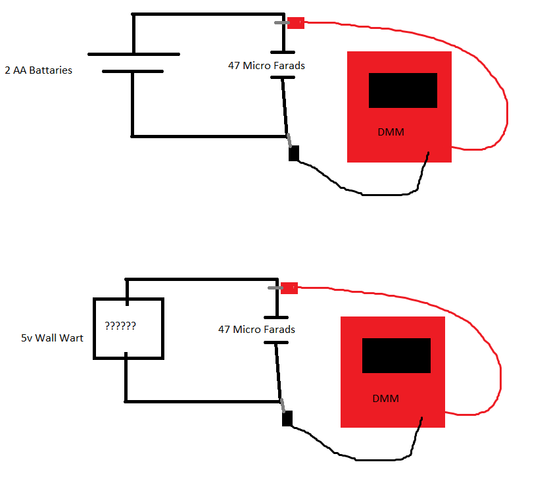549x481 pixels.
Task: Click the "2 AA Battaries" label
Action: (x=39, y=70)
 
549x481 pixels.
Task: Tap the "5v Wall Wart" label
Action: (x=52, y=338)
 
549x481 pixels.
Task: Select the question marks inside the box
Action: (x=120, y=326)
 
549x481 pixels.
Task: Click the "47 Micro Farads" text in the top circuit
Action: (x=266, y=66)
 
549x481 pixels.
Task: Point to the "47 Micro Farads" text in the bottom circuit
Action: (x=256, y=329)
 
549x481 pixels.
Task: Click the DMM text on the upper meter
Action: (x=391, y=132)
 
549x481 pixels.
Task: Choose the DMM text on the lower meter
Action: (x=386, y=399)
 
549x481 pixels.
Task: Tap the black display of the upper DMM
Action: (x=403, y=90)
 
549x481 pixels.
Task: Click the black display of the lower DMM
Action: (x=396, y=355)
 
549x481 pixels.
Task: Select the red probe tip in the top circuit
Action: (x=296, y=23)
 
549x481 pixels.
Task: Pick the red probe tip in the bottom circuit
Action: (x=289, y=288)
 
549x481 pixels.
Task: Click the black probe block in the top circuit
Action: (x=294, y=153)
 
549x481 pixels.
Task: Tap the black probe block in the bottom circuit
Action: (x=287, y=418)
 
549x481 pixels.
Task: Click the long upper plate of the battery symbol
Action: (x=133, y=55)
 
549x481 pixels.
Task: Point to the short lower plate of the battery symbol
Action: (x=133, y=72)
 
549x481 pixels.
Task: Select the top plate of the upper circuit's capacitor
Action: (x=283, y=52)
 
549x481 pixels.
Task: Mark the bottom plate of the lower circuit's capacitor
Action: (x=276, y=343)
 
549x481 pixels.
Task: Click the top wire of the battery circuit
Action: (x=208, y=14)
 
